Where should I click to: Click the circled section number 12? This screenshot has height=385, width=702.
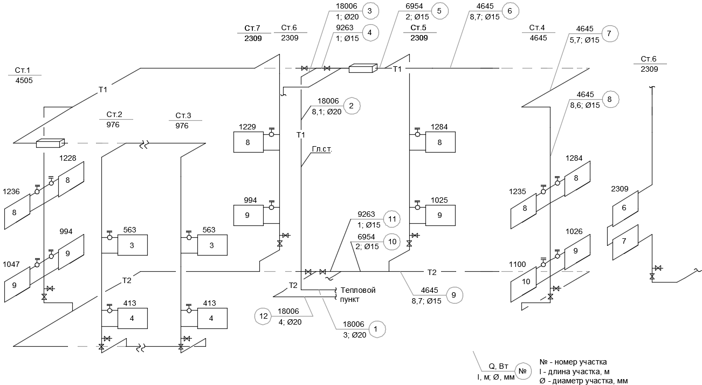tap(263, 317)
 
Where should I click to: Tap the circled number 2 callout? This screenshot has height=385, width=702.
tap(351, 106)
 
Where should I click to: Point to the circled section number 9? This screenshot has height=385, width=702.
tap(454, 295)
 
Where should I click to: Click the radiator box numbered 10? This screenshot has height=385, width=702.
tap(524, 284)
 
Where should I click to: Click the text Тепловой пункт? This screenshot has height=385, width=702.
tap(358, 295)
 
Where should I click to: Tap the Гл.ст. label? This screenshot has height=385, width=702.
tap(322, 149)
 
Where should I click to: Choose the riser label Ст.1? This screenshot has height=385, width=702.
tap(22, 70)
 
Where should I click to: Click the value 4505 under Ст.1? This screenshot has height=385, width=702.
tap(24, 80)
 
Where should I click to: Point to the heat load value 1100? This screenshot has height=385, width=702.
tap(518, 264)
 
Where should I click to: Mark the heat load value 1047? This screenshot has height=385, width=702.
tap(11, 264)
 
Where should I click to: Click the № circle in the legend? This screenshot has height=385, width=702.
tap(522, 371)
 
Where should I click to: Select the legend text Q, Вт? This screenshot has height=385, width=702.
tap(498, 366)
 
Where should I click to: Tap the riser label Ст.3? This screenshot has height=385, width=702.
tap(183, 115)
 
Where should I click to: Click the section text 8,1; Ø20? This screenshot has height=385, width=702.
tap(327, 112)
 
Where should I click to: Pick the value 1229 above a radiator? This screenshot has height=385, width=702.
tap(247, 127)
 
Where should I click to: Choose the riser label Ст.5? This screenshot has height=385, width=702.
tap(418, 27)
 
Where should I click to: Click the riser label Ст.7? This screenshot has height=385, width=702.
tap(252, 28)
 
